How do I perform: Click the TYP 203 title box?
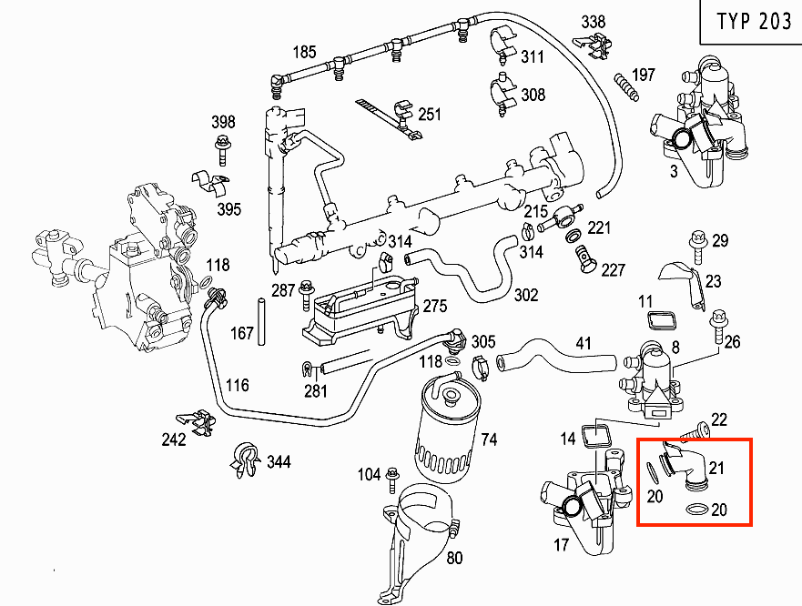[753, 22]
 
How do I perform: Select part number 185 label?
[304, 52]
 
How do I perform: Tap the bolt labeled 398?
[221, 146]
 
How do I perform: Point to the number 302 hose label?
[526, 296]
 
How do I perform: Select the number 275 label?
[435, 305]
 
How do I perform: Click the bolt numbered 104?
[393, 474]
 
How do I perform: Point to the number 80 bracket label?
[454, 558]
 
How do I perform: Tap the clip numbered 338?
[594, 41]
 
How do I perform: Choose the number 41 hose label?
[584, 344]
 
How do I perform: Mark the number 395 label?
[228, 210]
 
